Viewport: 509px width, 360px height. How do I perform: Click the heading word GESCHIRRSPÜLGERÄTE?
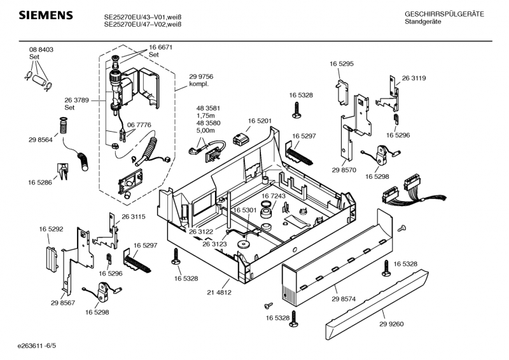click(444, 14)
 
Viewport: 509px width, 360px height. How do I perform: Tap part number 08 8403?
click(41, 50)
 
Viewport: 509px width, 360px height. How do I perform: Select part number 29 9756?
click(201, 76)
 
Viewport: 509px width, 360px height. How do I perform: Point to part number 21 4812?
click(219, 293)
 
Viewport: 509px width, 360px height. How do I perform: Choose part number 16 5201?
click(260, 121)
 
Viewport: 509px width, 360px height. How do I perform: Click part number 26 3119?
click(414, 78)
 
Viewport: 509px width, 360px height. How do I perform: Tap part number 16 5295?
click(341, 64)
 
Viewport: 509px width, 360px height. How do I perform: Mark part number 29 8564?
click(40, 139)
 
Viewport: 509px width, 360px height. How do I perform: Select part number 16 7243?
click(274, 196)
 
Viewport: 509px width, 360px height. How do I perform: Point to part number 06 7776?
click(139, 125)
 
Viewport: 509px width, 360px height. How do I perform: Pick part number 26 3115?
click(134, 217)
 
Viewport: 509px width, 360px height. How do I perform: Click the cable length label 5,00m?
click(206, 130)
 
